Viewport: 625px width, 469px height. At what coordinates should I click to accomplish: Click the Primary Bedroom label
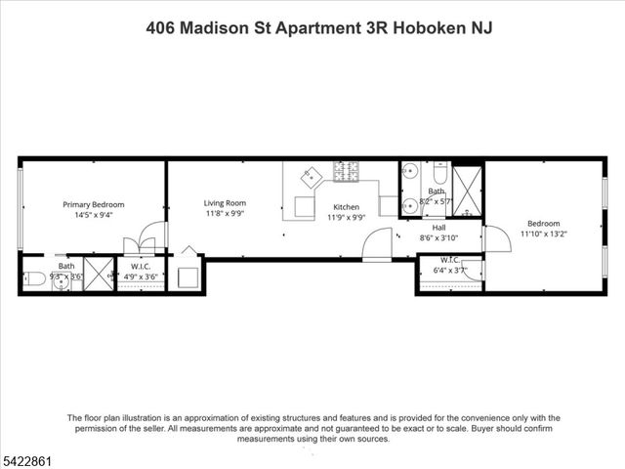coord(94,204)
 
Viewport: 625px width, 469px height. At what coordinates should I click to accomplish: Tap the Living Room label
coord(225,203)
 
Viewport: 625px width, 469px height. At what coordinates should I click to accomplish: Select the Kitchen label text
coord(347,207)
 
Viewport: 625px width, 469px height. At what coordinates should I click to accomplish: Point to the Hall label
coord(439,227)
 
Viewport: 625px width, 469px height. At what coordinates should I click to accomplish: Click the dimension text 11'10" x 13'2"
coord(544,234)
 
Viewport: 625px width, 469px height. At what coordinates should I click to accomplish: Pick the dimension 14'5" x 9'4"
coord(94,215)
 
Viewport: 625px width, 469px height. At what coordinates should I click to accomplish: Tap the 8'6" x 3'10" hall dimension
coord(439,237)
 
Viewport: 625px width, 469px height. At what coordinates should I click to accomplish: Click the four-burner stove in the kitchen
coord(347,173)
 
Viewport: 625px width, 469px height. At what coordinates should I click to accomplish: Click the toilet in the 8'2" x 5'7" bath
coord(438,175)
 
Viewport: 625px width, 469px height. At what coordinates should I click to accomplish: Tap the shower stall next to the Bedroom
coord(468,191)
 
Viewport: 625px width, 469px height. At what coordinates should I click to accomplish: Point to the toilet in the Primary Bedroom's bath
coord(32,278)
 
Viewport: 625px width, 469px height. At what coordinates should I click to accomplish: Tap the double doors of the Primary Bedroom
coord(150,236)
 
